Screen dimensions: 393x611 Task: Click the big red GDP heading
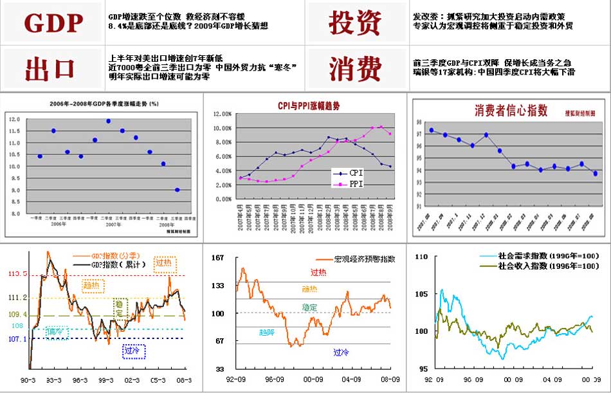click(x=54, y=23)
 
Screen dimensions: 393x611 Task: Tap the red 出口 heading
click(x=51, y=68)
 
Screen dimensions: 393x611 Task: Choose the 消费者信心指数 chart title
click(x=511, y=111)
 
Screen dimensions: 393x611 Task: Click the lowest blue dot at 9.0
click(x=177, y=190)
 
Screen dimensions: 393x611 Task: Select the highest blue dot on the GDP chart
click(x=109, y=121)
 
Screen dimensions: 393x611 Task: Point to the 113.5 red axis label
click(x=17, y=275)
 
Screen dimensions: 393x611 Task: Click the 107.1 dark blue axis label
click(x=17, y=338)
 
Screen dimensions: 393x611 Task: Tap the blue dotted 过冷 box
click(x=134, y=351)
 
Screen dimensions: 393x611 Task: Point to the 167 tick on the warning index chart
click(x=218, y=257)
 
